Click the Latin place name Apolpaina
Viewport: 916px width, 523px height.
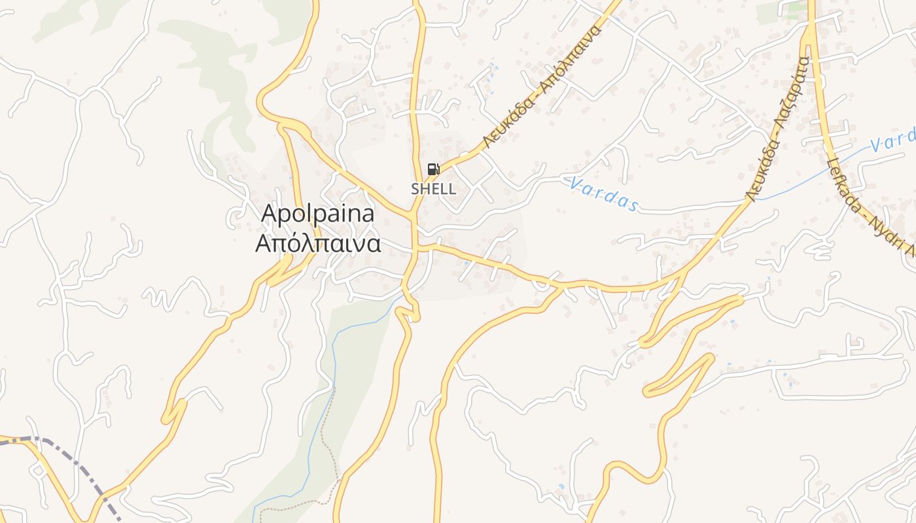click(x=318, y=214)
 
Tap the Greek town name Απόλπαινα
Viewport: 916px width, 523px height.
click(x=318, y=243)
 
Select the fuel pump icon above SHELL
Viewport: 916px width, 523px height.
click(x=433, y=169)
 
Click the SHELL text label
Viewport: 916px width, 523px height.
click(x=433, y=189)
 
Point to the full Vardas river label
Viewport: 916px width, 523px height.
click(x=603, y=194)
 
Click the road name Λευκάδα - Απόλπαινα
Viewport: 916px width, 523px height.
click(x=542, y=88)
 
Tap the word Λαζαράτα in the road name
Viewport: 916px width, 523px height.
click(x=794, y=92)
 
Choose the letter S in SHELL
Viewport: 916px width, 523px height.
click(x=415, y=189)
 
